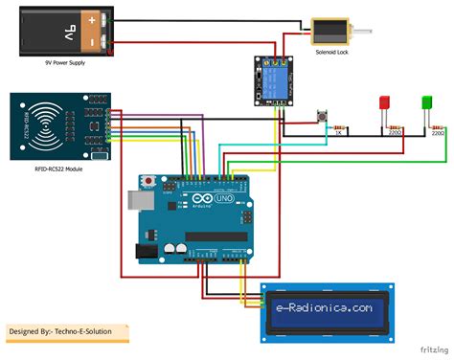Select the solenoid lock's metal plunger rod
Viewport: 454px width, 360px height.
[x=365, y=34]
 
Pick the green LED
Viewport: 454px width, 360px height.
[x=427, y=102]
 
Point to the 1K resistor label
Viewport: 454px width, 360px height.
[x=338, y=134]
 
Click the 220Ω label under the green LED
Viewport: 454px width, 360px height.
[x=438, y=134]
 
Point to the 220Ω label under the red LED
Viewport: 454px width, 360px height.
[x=394, y=134]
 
